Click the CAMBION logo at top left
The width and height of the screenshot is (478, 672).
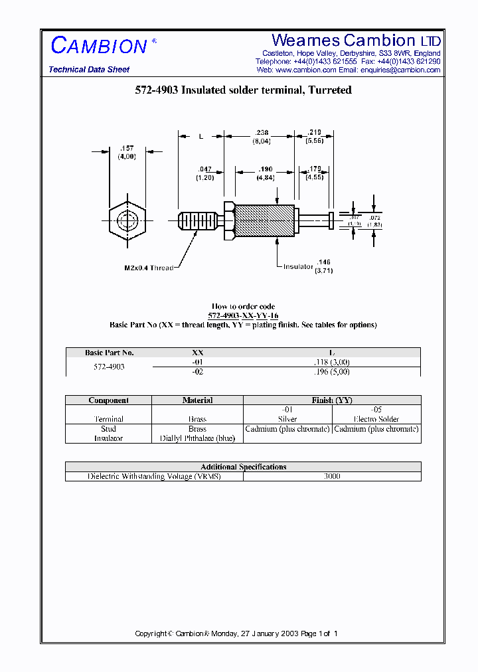pyautogui.click(x=100, y=45)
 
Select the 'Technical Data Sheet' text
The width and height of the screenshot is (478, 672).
pyautogui.click(x=89, y=70)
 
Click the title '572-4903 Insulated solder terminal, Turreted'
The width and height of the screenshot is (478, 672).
pyautogui.click(x=239, y=90)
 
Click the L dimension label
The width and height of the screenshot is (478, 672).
pyautogui.click(x=200, y=136)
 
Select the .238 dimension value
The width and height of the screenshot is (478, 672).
pyautogui.click(x=260, y=133)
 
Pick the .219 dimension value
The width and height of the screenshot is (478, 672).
pyautogui.click(x=315, y=133)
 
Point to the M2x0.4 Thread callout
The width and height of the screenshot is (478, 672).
pyautogui.click(x=149, y=268)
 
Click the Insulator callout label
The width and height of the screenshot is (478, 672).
pyautogui.click(x=297, y=266)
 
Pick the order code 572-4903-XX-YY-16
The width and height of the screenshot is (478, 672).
pyautogui.click(x=243, y=316)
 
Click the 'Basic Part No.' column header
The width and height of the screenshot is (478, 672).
pyautogui.click(x=109, y=353)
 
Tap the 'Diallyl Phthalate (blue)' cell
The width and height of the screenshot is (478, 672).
pyautogui.click(x=197, y=438)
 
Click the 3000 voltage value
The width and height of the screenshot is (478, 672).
pyautogui.click(x=332, y=476)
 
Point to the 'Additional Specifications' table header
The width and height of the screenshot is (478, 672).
pyautogui.click(x=243, y=467)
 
